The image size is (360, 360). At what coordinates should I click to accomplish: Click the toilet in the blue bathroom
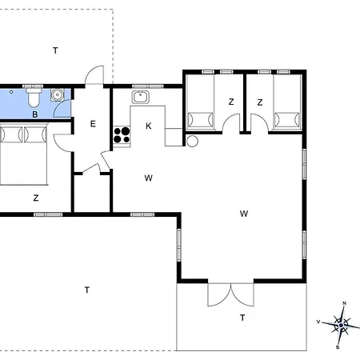34,97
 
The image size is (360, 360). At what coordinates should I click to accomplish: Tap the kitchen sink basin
140,98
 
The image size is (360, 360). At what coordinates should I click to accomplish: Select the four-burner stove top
122,135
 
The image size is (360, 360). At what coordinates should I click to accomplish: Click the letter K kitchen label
149,126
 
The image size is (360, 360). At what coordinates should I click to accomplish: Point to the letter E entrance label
93,124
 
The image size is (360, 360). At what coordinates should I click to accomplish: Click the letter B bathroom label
35,114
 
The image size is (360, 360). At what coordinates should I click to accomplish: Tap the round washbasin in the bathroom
57,95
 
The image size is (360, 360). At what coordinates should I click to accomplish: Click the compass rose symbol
341,326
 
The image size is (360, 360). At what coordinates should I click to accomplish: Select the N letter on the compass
344,303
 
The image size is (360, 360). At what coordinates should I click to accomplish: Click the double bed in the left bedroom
23,154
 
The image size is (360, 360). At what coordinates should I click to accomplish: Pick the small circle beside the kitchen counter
192,141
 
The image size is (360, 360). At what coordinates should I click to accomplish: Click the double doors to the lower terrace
230,294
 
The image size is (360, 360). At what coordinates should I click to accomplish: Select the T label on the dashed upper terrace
55,50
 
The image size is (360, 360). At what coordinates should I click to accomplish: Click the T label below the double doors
242,318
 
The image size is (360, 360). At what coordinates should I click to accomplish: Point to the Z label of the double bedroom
36,198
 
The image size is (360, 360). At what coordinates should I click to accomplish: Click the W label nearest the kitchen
149,178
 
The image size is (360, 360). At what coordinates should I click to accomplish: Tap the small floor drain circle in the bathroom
11,92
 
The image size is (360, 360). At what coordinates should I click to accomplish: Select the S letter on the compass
338,347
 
